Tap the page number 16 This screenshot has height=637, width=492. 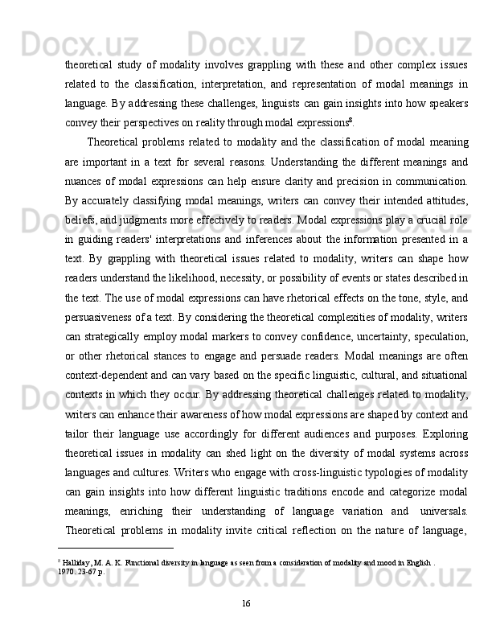pyautogui.click(x=246, y=602)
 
